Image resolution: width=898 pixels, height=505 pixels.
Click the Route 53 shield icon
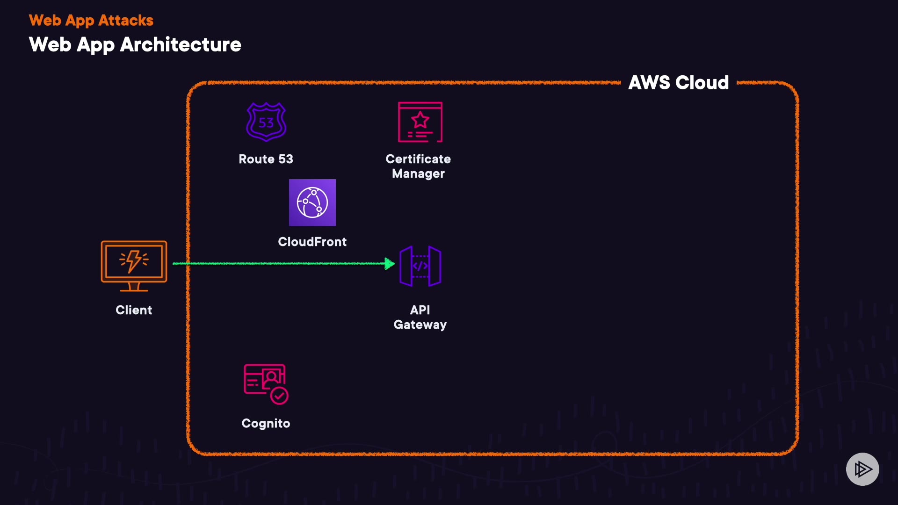pos(266,122)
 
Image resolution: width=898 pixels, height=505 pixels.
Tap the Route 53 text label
pos(266,159)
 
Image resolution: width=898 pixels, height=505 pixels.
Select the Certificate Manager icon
pos(420,122)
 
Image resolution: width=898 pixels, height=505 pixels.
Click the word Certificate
pos(418,159)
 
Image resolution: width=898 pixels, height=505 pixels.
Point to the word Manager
pos(418,173)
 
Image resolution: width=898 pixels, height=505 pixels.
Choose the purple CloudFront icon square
pos(312,202)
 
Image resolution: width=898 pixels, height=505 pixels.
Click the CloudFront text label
pos(312,242)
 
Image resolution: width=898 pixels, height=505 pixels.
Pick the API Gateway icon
pos(420,266)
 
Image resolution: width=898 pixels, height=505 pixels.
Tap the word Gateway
pos(420,325)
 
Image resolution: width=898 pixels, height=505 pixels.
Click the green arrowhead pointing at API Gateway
pos(389,264)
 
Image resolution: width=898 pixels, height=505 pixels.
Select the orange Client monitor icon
pos(134,266)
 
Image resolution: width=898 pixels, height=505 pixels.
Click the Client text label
pos(134,310)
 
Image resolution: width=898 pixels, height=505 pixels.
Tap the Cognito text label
pos(266,423)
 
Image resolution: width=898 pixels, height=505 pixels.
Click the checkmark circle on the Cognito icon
pos(279,396)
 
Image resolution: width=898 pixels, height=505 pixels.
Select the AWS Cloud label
pos(678,83)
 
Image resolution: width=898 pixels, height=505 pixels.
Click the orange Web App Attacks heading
pos(91,21)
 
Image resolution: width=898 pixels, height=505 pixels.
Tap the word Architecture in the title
pos(181,45)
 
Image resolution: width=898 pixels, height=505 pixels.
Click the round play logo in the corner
pos(862,469)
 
